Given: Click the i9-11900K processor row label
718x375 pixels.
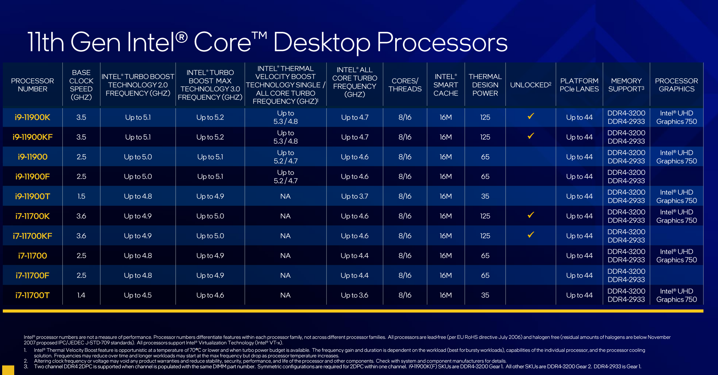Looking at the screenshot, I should [32, 117].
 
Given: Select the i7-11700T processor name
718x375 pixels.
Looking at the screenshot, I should [32, 295].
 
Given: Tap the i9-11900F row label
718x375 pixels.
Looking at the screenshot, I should [32, 177].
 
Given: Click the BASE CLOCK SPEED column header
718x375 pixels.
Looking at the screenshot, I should [81, 85].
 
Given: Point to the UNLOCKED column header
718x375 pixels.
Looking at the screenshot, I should [530, 85].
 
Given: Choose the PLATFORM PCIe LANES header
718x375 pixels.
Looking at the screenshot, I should [579, 85].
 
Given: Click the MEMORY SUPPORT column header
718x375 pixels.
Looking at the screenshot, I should [626, 85].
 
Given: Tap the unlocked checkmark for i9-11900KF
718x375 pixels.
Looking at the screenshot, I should [531, 136].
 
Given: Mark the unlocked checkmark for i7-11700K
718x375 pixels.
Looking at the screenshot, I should [531, 215].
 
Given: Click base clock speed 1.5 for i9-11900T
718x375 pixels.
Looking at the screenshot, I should [81, 196].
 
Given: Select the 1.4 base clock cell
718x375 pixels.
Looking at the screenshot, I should [81, 295].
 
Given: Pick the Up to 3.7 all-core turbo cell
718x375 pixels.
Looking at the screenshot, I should [355, 196].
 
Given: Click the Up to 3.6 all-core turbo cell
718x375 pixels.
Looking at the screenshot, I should [355, 295].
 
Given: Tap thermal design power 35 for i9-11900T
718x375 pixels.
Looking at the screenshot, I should [485, 196].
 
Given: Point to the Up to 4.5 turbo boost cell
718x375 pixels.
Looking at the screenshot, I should [138, 295].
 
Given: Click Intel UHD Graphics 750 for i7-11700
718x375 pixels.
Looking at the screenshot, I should [677, 256].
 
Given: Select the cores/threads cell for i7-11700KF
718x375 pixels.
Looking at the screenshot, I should [405, 236].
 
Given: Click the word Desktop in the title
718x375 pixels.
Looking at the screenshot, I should [322, 43].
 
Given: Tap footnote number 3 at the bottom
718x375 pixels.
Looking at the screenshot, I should [26, 367].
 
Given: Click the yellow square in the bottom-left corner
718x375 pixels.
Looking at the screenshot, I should [8, 370].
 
